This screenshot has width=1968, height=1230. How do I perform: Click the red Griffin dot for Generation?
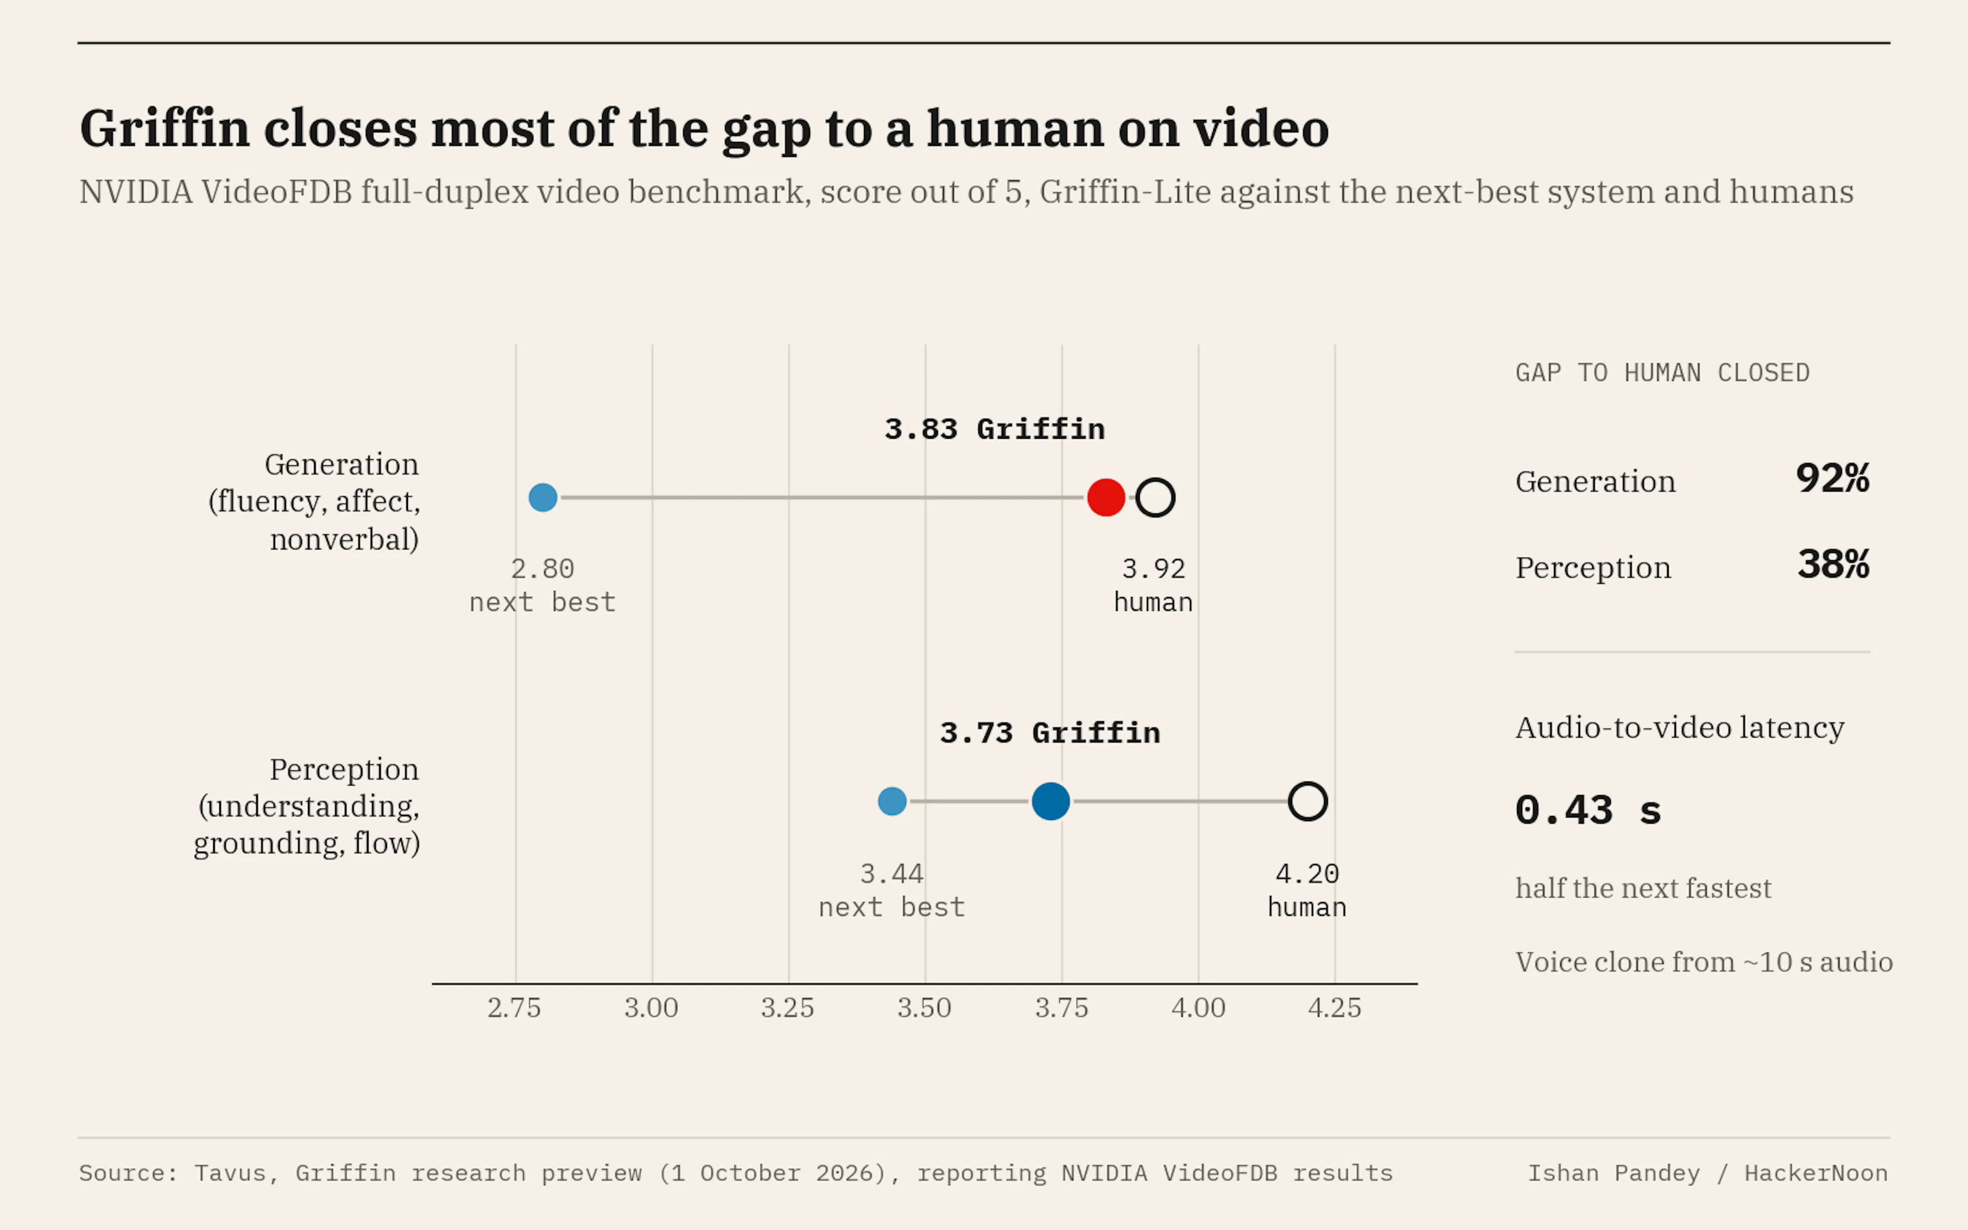click(1106, 497)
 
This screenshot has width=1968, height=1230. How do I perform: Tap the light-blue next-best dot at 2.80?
click(542, 497)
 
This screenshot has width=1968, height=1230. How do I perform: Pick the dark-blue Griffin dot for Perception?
click(1051, 801)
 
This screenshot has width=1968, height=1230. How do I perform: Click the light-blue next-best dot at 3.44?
click(892, 801)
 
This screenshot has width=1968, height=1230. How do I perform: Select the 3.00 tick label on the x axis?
click(651, 1008)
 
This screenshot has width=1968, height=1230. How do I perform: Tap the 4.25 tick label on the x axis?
click(1335, 1008)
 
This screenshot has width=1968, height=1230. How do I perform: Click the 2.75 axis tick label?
click(514, 1008)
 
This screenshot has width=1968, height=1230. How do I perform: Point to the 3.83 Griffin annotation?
click(995, 429)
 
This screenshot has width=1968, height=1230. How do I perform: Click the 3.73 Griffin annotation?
click(1050, 733)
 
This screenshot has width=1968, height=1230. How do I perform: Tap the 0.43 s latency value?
click(1588, 810)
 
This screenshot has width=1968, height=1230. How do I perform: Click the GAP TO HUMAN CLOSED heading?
click(1662, 373)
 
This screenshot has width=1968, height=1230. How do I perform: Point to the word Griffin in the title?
click(165, 129)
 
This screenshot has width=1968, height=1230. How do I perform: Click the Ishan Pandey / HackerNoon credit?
click(1708, 1173)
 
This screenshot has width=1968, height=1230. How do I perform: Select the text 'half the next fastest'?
click(1643, 888)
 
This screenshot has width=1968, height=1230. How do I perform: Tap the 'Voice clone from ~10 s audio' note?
click(1704, 962)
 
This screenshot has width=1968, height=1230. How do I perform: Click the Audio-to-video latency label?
click(1679, 728)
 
